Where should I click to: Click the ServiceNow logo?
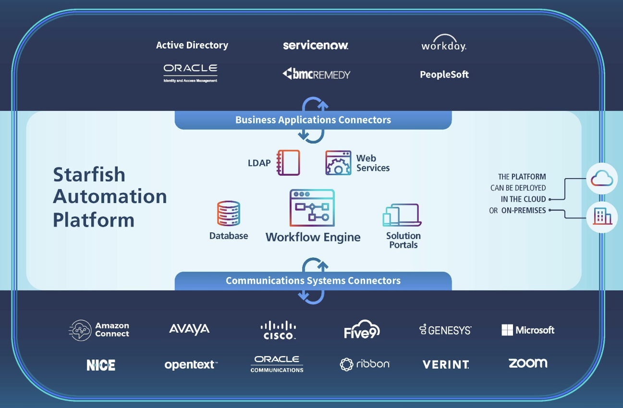point(315,46)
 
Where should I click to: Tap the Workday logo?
point(443,45)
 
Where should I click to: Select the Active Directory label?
point(192,45)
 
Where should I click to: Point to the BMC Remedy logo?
point(316,74)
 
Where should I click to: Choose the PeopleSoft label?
point(444,74)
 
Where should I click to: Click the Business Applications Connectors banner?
point(313,120)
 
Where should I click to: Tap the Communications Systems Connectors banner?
point(313,281)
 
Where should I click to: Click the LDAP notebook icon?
point(288,163)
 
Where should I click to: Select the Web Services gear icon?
point(338,163)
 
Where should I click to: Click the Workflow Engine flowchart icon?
point(312,208)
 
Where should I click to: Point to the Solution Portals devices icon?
point(402,215)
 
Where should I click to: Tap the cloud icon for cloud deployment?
point(602,179)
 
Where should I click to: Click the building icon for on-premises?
point(602,217)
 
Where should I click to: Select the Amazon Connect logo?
point(99,330)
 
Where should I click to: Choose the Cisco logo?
point(278,330)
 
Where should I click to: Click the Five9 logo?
point(362,329)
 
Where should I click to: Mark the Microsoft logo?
point(527,330)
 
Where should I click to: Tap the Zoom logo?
point(527,363)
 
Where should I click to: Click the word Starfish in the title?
point(89,174)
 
